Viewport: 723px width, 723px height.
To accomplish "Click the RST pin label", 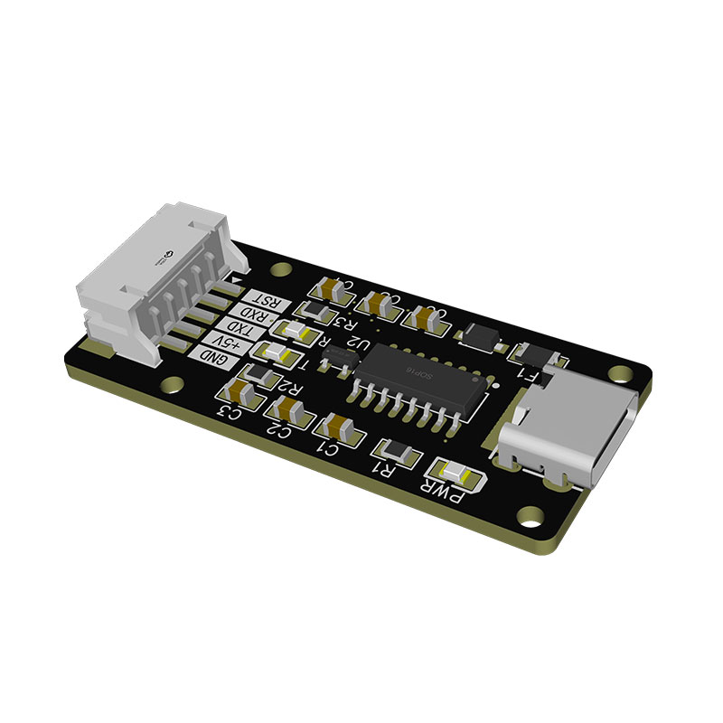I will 266,302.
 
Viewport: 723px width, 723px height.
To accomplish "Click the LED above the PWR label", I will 454,471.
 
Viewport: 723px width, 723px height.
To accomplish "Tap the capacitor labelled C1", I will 342,427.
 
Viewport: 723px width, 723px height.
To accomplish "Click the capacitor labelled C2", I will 292,410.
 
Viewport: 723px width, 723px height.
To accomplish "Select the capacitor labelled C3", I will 244,391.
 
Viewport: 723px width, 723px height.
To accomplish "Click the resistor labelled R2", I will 262,372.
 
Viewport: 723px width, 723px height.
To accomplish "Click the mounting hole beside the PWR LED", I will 530,518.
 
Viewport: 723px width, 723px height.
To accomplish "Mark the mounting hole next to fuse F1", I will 620,373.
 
